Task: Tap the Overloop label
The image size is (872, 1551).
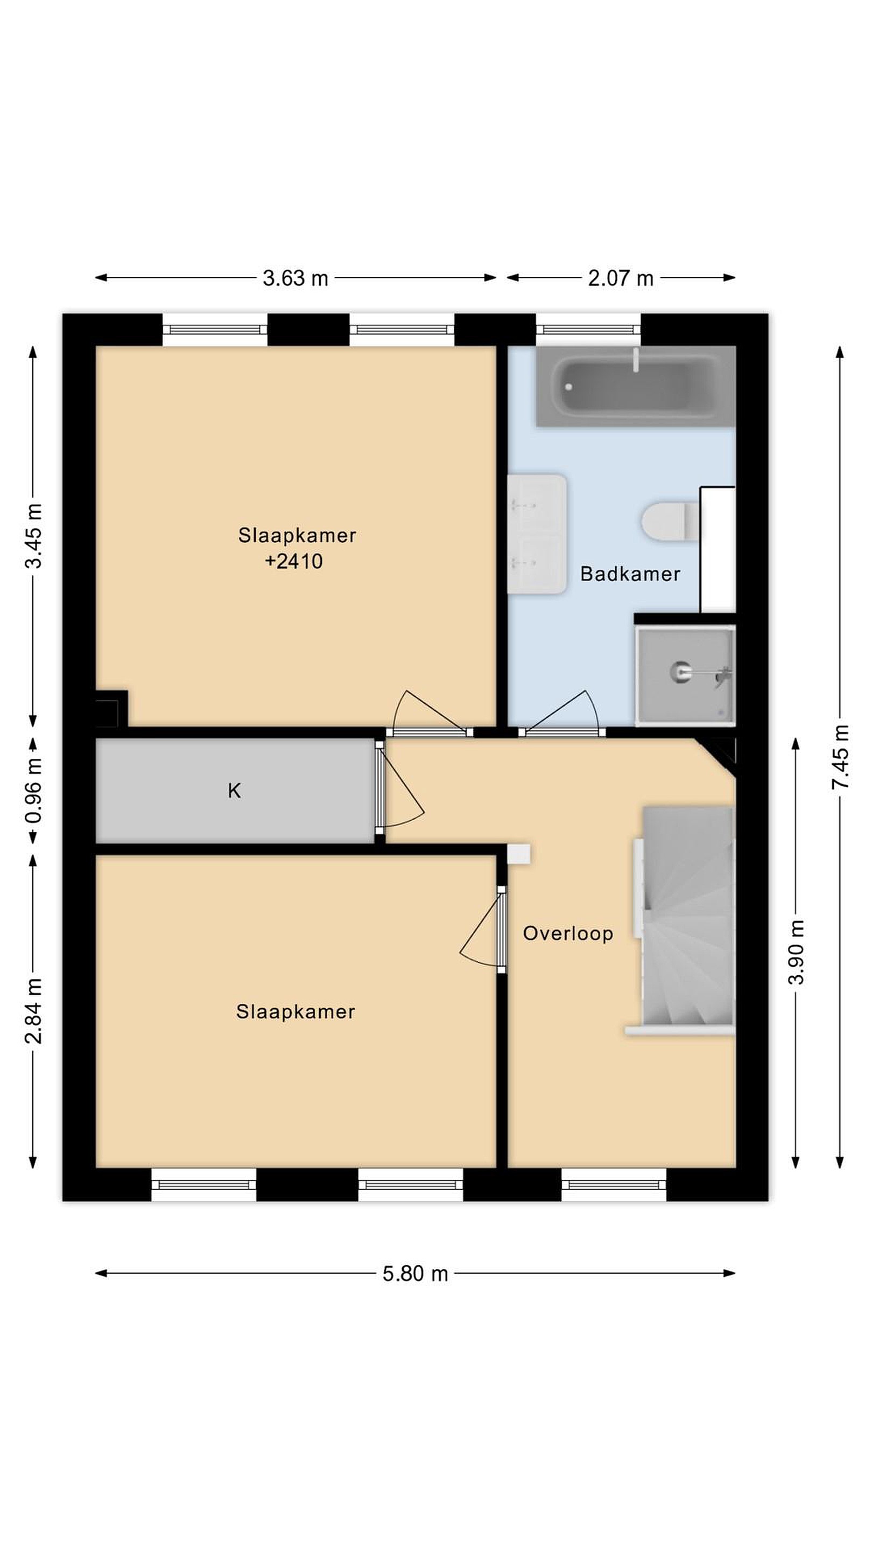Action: (567, 933)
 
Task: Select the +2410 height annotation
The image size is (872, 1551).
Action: (294, 561)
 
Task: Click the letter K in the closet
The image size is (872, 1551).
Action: (234, 791)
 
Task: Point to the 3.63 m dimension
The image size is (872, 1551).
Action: (295, 278)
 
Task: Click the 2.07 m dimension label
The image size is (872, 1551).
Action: (621, 278)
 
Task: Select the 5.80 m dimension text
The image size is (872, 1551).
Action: (415, 1274)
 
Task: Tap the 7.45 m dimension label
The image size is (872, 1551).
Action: (840, 757)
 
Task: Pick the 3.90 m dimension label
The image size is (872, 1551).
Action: (796, 952)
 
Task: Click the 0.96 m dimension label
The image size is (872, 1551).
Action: (34, 791)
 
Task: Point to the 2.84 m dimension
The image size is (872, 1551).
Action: (34, 1011)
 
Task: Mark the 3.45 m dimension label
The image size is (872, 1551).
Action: (34, 536)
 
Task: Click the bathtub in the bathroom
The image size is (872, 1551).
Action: (636, 387)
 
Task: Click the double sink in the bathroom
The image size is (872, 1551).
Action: (537, 534)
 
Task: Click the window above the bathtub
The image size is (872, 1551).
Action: (588, 330)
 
